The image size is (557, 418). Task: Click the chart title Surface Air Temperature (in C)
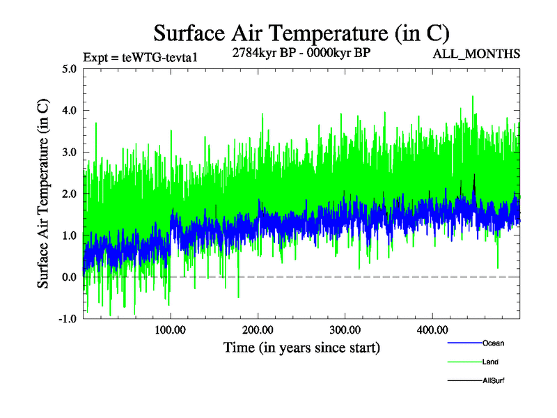click(301, 33)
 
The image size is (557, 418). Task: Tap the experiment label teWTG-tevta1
click(141, 56)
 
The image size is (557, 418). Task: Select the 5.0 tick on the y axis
click(68, 69)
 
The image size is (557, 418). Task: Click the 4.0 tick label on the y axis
click(68, 110)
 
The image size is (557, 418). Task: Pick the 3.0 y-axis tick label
click(68, 152)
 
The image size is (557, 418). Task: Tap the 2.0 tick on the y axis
click(68, 194)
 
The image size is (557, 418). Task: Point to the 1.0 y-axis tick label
click(68, 235)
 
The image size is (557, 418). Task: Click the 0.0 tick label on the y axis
click(68, 277)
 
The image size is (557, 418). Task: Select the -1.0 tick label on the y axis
click(66, 318)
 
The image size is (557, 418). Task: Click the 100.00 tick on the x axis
click(171, 330)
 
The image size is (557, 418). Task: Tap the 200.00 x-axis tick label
click(258, 330)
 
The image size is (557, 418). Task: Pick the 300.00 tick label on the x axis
click(345, 330)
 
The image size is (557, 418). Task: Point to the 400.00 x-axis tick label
click(432, 330)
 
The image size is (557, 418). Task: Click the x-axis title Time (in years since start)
click(301, 346)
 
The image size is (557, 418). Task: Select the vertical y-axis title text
click(43, 194)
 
